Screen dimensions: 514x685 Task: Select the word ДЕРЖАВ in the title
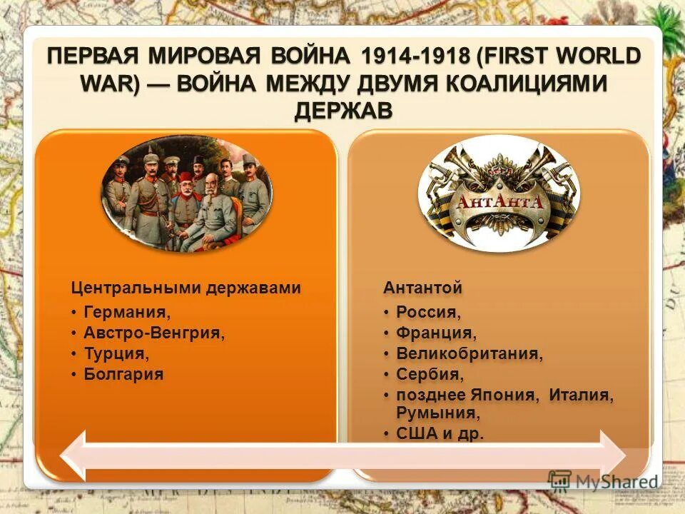[x=342, y=109]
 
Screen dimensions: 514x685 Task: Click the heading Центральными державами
[x=186, y=288]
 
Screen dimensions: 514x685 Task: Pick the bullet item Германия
[x=127, y=311]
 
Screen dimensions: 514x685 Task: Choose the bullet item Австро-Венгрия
[x=153, y=332]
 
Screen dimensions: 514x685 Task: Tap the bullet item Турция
[x=116, y=353]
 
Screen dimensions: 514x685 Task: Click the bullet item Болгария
[x=123, y=373]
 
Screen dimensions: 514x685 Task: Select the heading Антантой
[x=422, y=288]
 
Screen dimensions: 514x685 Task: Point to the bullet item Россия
[x=428, y=311]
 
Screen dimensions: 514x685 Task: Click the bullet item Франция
[x=436, y=332]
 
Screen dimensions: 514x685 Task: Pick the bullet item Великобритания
[x=470, y=353]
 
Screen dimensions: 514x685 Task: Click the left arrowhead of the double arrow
[x=73, y=455]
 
